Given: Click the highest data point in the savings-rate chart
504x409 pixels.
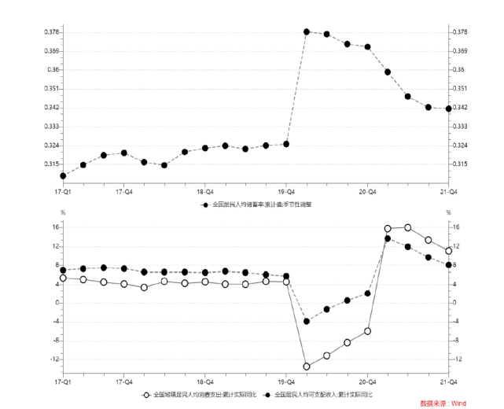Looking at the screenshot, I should click(307, 31).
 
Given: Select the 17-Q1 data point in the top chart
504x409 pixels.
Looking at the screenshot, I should click(63, 175).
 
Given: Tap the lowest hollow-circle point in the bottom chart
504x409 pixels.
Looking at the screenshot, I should click(307, 367).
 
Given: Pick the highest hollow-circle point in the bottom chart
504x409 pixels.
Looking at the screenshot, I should click(407, 227).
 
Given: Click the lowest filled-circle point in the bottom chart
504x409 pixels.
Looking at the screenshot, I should click(307, 321).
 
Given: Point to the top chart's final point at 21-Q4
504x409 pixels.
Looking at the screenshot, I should click(448, 109).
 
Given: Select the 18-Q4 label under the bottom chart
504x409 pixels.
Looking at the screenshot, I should click(204, 380).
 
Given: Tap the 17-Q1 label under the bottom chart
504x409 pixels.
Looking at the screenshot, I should click(63, 380).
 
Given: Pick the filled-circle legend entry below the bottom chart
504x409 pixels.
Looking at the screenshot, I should click(318, 392).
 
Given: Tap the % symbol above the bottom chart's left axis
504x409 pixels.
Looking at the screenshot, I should click(63, 213).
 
